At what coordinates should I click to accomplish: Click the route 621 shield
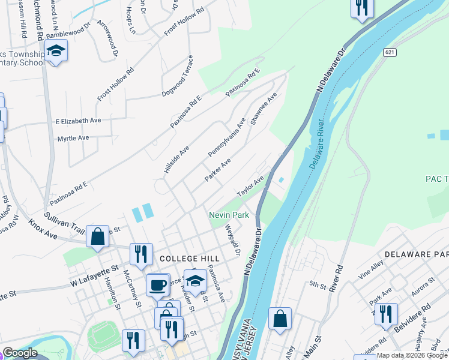pyautogui.click(x=390, y=53)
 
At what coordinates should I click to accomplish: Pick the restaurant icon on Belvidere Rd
pyautogui.click(x=386, y=314)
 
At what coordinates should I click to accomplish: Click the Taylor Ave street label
pyautogui.click(x=250, y=187)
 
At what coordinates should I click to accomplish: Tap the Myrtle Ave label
pyautogui.click(x=73, y=138)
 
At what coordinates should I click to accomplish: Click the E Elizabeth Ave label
pyautogui.click(x=78, y=121)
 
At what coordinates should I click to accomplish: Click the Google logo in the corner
pyautogui.click(x=20, y=353)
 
